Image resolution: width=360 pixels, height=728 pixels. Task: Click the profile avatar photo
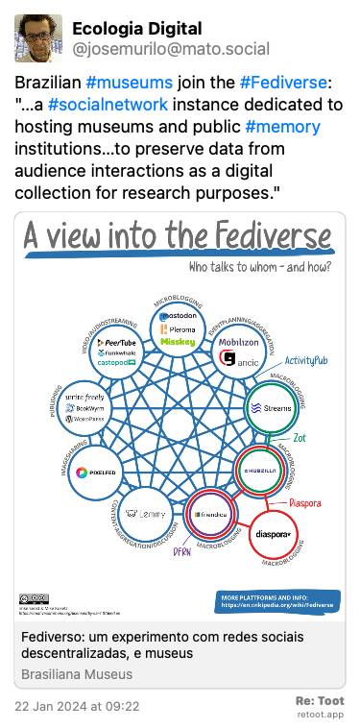coord(37,37)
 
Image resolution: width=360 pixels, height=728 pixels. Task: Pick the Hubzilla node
coord(260,469)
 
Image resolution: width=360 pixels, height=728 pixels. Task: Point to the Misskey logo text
coord(178,340)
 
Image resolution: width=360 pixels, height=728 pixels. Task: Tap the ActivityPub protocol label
coord(306,359)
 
